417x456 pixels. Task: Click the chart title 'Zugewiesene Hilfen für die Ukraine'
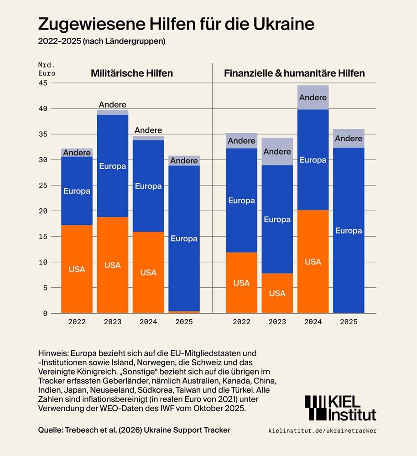[x=176, y=24]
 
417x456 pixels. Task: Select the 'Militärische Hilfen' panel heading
[x=132, y=73]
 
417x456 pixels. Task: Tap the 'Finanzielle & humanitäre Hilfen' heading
[x=294, y=73]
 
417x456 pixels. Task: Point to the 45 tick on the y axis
[x=43, y=83]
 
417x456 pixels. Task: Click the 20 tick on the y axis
[x=43, y=211]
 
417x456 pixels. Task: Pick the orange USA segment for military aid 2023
[x=113, y=264]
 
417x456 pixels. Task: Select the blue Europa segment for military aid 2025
[x=184, y=238]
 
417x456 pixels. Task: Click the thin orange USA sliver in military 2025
[x=184, y=312]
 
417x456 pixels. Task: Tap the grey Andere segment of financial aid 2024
[x=313, y=97]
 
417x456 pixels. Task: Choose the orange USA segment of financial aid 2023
[x=277, y=293]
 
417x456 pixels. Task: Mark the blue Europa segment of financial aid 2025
[x=349, y=230]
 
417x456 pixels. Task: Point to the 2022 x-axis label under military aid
[x=77, y=321]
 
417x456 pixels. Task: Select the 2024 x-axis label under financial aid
[x=313, y=321]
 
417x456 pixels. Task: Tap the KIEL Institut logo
[x=340, y=408]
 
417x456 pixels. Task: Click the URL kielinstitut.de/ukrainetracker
[x=323, y=430]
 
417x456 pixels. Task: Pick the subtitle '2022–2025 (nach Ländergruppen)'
[x=101, y=41]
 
